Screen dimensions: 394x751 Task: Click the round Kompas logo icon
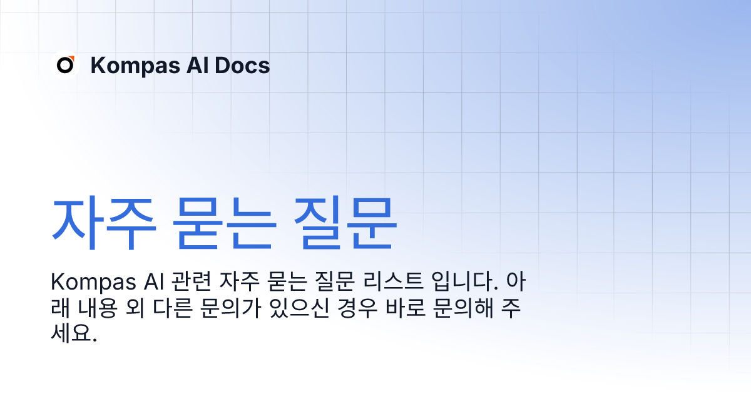click(65, 65)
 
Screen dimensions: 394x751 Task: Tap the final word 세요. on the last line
click(73, 335)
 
